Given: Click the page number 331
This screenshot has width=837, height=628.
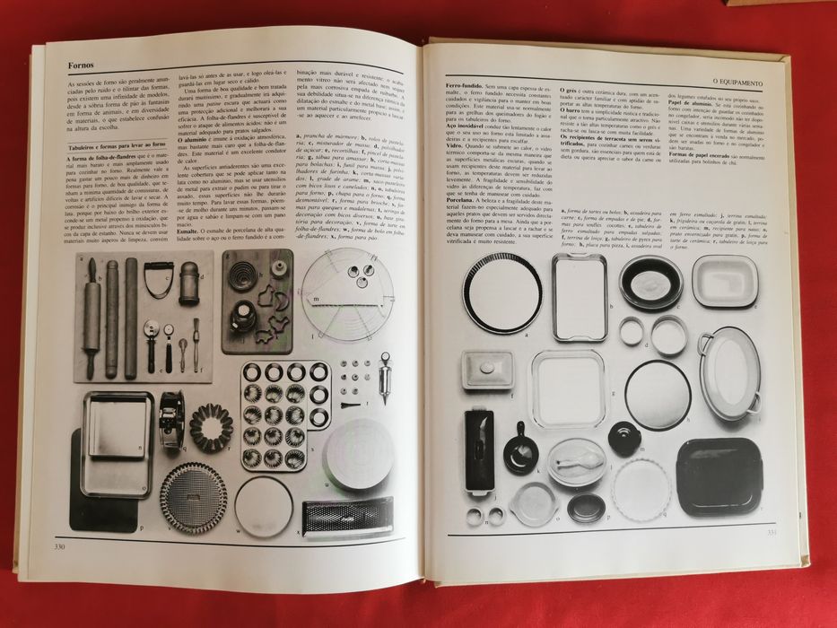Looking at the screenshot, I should [771, 536].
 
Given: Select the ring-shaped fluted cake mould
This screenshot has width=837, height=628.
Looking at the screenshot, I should [211, 427].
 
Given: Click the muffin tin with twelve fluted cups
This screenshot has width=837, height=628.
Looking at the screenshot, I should [284, 414].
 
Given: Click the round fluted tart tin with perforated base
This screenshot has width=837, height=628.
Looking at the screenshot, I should [193, 498].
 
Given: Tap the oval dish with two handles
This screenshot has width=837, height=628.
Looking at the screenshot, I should [728, 371].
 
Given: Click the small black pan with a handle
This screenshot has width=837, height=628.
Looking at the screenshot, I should [520, 450].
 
